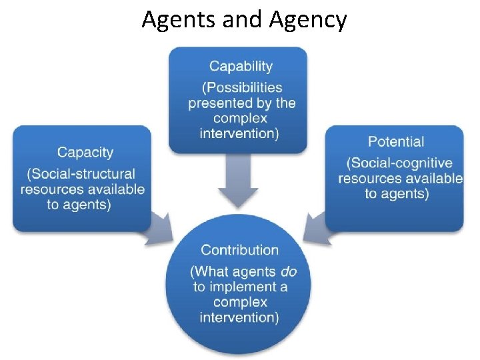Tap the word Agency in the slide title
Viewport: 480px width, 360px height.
(x=308, y=20)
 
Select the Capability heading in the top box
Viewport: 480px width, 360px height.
(x=241, y=66)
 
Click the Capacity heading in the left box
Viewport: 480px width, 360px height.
(x=85, y=153)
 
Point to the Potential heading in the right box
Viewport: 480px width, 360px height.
(x=395, y=141)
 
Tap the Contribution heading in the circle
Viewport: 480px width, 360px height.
(x=240, y=250)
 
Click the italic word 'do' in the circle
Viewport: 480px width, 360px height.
(x=288, y=271)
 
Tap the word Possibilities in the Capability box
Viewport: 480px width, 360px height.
(x=242, y=87)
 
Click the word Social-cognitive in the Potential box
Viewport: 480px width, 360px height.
(x=399, y=163)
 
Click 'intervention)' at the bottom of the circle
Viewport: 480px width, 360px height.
(x=239, y=317)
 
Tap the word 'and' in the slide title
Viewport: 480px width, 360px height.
(x=243, y=20)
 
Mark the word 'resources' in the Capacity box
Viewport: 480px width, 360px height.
(x=51, y=189)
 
